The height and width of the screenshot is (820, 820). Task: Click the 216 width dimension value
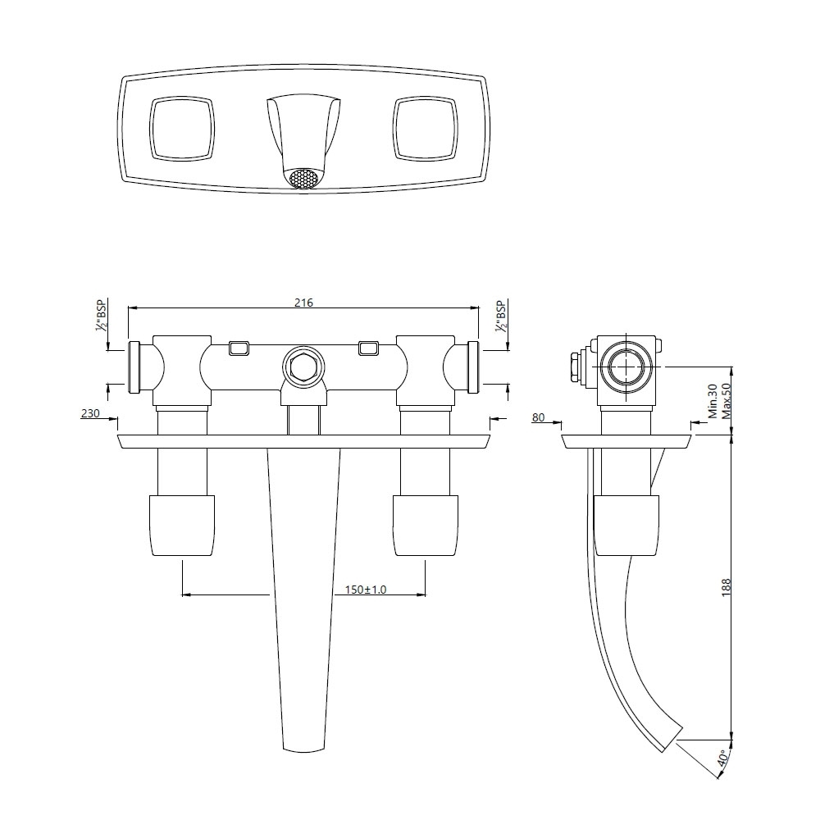[x=303, y=302]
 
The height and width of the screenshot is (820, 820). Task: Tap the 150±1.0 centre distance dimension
[x=366, y=590]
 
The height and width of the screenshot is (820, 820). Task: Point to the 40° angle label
[x=722, y=758]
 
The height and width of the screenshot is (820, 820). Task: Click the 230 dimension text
[x=90, y=414]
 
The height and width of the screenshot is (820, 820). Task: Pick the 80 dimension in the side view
[x=538, y=417]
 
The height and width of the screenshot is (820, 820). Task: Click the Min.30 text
[x=713, y=402]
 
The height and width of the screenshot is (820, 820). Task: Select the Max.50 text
[x=726, y=402]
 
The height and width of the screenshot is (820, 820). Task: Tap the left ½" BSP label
[x=102, y=316]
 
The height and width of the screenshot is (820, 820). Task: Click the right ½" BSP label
[x=500, y=316]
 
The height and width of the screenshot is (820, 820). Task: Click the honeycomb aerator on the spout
[x=303, y=178]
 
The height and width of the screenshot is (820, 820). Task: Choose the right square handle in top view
[x=424, y=128]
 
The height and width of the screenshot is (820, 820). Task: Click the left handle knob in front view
[x=181, y=525]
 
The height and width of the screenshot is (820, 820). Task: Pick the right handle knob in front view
[x=425, y=525]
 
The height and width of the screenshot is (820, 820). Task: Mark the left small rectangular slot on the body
[x=239, y=348]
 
